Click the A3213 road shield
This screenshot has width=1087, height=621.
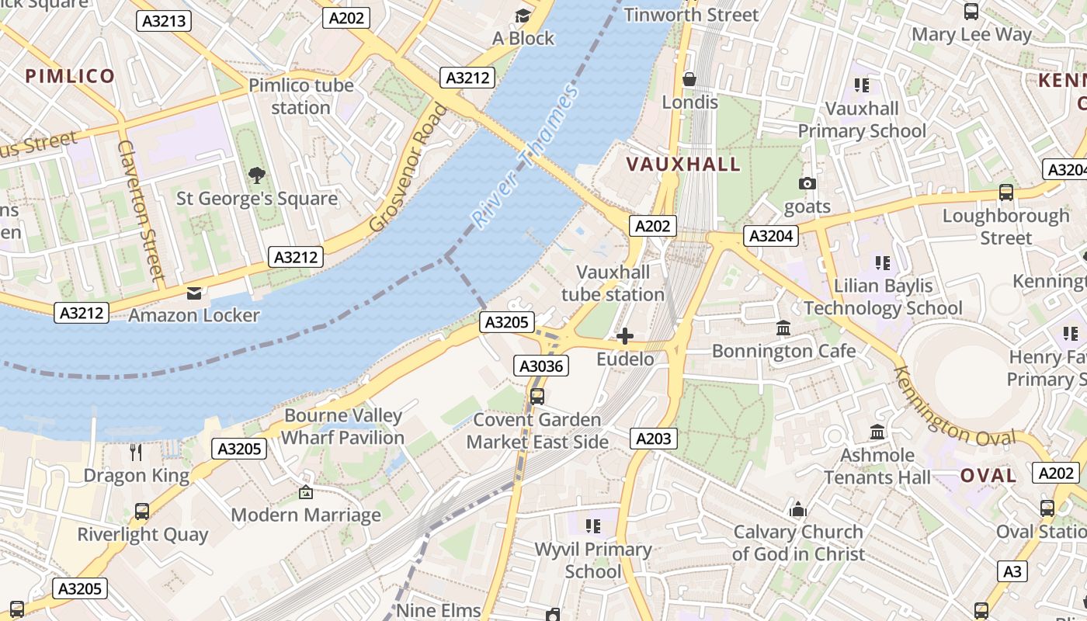click(164, 21)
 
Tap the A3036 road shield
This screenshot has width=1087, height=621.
click(540, 366)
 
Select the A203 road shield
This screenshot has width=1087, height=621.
click(653, 439)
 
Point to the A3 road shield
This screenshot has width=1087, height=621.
click(1012, 571)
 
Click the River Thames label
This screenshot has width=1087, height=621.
click(526, 158)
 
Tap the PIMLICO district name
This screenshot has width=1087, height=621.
click(70, 76)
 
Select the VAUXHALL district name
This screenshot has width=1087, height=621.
click(683, 165)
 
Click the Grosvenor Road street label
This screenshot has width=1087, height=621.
click(408, 168)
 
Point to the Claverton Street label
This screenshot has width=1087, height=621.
click(141, 210)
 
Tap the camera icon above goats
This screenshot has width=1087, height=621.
click(807, 184)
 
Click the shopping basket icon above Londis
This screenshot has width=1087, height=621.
click(689, 79)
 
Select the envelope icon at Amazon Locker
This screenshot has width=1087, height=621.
click(193, 293)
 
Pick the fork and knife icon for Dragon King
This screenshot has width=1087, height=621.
click(136, 452)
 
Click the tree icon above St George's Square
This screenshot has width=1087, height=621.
click(256, 175)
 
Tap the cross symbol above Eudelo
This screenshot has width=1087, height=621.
click(625, 336)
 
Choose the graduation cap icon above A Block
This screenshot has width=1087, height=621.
click(523, 16)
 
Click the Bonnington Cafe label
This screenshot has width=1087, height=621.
click(783, 351)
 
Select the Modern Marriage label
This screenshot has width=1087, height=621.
click(306, 515)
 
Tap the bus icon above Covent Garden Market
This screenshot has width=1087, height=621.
click(537, 397)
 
